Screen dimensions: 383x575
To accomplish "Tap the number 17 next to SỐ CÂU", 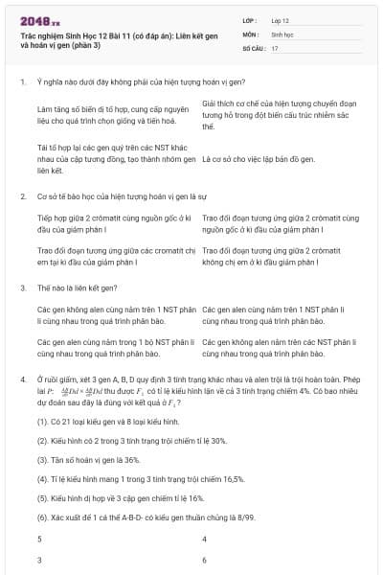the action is coord(275,47).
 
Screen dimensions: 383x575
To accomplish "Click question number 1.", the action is coord(22,84).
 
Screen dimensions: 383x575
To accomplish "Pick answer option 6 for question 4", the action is coord(205,558).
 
